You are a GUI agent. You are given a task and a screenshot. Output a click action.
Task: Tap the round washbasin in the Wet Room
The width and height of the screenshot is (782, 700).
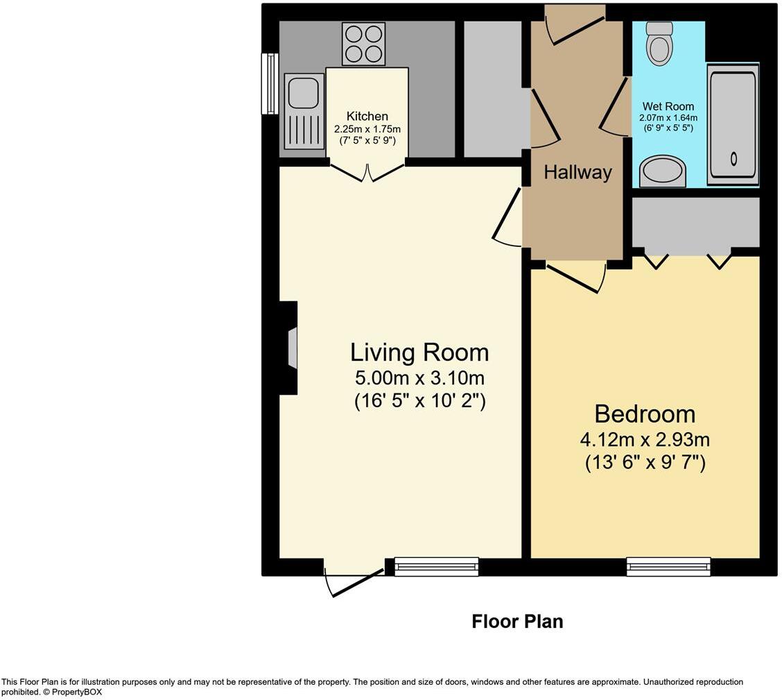[x=662, y=171]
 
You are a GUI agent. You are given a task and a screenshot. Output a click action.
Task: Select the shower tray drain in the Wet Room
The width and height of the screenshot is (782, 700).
[x=733, y=159]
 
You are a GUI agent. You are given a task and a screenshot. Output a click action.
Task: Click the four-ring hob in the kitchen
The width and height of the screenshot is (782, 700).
[x=363, y=44]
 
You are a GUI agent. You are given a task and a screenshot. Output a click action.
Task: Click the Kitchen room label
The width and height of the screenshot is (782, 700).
[x=367, y=117]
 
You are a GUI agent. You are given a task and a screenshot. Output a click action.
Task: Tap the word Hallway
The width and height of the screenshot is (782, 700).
[x=577, y=172]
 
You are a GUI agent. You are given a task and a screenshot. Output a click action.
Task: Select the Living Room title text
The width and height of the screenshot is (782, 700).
[x=419, y=352]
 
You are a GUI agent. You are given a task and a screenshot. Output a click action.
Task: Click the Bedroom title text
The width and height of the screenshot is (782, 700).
[x=645, y=414]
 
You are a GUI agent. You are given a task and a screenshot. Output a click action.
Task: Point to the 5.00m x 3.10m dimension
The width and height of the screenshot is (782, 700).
[x=419, y=377]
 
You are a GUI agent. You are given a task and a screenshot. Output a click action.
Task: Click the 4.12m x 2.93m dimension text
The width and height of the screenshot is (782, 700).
[x=645, y=440]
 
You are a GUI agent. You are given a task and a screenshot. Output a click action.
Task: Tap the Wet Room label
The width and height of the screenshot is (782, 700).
[x=668, y=106]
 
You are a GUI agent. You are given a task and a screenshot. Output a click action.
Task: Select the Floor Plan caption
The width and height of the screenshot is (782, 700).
[x=518, y=622]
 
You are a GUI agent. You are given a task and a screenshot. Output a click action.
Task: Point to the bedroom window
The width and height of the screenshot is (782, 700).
[x=669, y=566]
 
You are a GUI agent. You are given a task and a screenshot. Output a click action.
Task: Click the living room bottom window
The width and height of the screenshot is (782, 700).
[x=436, y=566]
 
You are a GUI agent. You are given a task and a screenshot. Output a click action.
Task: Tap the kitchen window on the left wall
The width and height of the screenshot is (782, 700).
[x=270, y=84]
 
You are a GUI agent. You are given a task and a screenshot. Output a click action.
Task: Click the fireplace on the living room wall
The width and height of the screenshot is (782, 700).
[x=289, y=348]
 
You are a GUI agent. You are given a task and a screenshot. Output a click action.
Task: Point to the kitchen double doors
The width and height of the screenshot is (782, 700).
[x=367, y=173]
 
